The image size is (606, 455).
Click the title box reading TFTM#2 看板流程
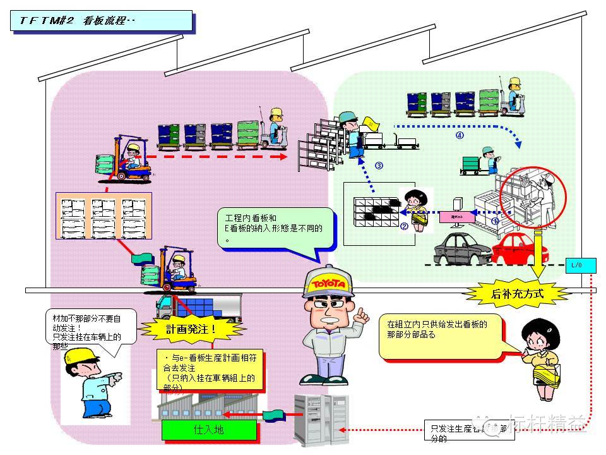tap(102, 20)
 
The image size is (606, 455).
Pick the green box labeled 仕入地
tap(209, 430)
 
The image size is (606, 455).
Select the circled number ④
tap(460, 135)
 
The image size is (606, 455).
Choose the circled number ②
tap(405, 226)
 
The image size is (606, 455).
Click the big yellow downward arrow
tap(538, 256)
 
